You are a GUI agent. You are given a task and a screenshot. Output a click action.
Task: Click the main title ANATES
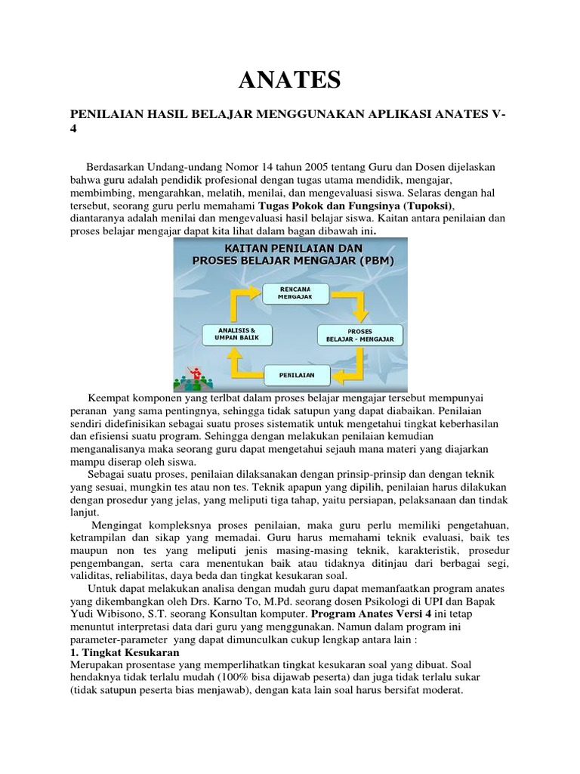point(290,78)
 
